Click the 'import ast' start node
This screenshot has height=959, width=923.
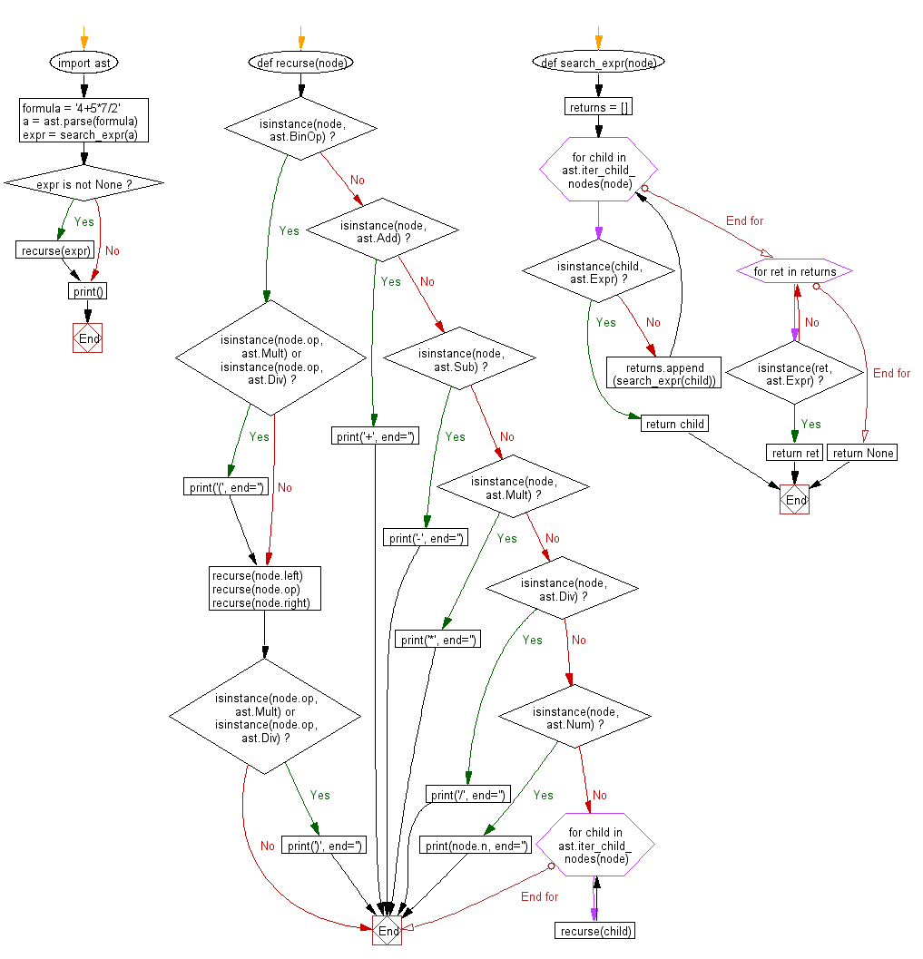coord(84,64)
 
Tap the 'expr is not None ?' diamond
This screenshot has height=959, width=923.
coord(84,183)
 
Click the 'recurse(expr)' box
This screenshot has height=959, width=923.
coord(55,250)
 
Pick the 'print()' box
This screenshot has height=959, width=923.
coord(88,291)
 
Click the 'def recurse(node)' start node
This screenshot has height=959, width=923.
coord(300,64)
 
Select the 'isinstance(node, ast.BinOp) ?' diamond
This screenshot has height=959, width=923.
coord(300,129)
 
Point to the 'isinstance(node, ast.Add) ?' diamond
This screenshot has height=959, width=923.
coord(382,230)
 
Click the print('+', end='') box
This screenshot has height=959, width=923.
coord(375,436)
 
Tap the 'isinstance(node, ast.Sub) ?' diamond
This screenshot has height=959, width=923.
coord(460,359)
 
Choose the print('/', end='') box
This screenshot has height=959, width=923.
coord(467,795)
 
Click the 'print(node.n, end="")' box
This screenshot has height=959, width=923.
coord(476,846)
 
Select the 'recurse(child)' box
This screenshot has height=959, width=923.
coord(594,931)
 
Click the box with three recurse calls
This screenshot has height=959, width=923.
coord(265,589)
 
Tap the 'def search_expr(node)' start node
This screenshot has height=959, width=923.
coord(598,64)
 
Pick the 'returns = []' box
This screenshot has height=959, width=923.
coord(598,108)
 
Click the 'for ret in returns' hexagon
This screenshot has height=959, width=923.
coord(794,271)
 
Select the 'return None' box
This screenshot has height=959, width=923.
coord(862,453)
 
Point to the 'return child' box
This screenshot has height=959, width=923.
coord(674,424)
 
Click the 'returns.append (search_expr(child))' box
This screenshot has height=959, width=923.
coord(664,374)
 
